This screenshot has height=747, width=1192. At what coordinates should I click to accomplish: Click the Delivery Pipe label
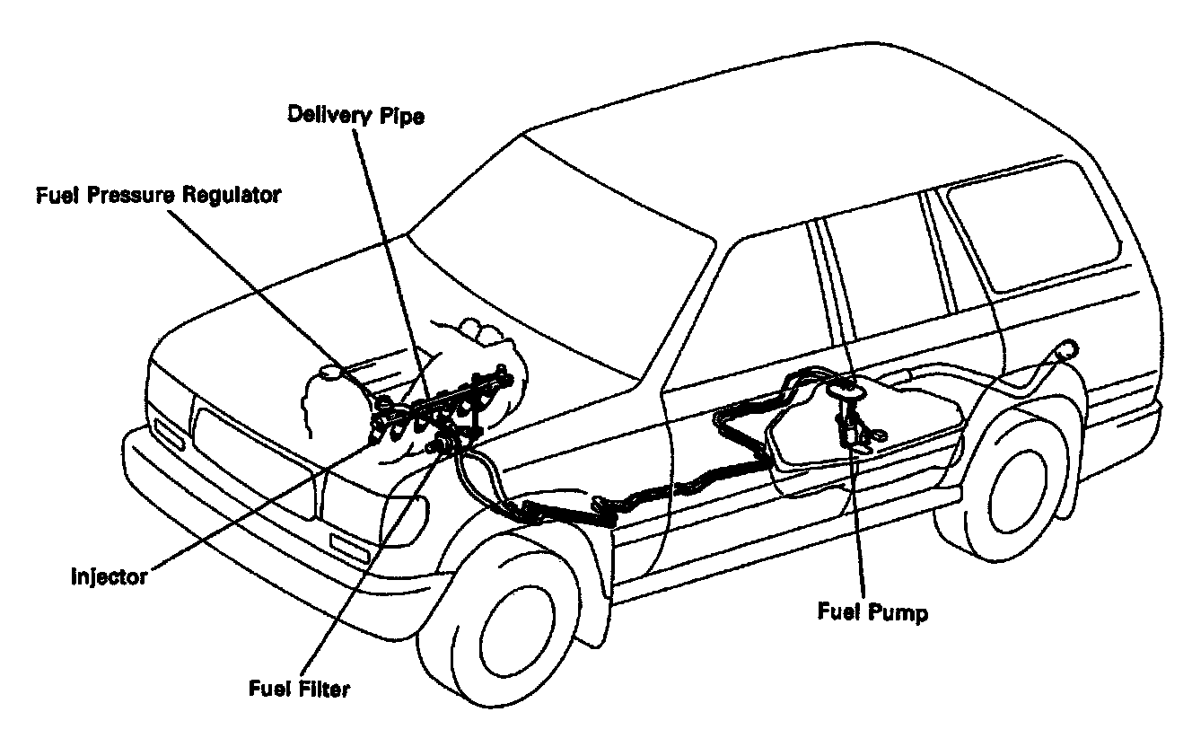click(355, 116)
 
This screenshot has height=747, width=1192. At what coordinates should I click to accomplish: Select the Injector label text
click(109, 576)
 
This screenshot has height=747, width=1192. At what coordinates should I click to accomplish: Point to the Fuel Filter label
click(298, 690)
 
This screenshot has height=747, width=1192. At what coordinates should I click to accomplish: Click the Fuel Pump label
click(872, 613)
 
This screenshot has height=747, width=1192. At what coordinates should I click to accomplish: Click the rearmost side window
click(1032, 224)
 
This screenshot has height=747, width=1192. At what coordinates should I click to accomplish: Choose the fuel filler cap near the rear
click(1067, 347)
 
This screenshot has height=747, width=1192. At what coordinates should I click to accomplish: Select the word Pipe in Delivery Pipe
click(402, 116)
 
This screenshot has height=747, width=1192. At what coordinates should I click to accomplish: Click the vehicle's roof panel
click(763, 153)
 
